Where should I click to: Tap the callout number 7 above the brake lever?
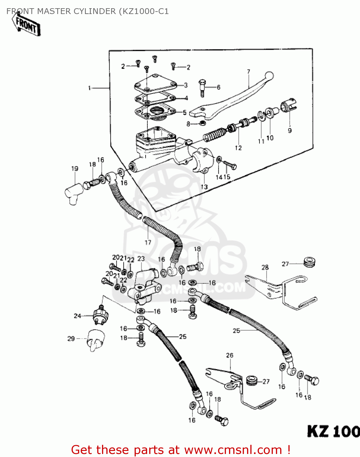[249, 72]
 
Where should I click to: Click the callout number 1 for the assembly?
[89, 88]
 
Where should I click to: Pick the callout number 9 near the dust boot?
[290, 130]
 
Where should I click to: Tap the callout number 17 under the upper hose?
[148, 243]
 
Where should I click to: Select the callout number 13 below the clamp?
[204, 187]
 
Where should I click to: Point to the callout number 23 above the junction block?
[141, 259]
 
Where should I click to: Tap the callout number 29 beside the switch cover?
[71, 339]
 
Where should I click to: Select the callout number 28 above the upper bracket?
[265, 267]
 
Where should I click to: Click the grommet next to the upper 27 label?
[310, 262]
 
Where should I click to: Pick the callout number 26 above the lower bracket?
[230, 355]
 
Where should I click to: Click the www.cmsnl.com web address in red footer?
[233, 450]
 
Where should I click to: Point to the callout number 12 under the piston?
[238, 148]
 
